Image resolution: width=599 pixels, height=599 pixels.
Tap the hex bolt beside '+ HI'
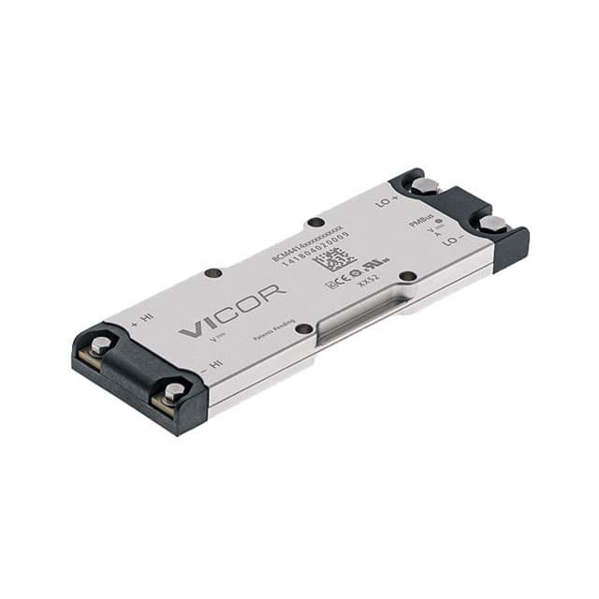(100, 344)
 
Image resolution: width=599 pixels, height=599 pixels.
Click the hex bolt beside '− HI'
(173, 391)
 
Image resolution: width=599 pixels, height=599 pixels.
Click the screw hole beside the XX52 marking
(407, 275)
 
